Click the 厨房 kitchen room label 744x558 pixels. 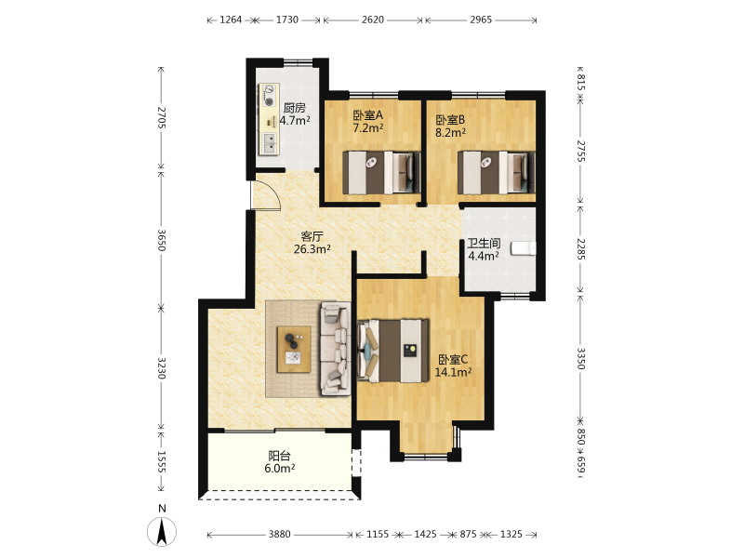tap(294, 108)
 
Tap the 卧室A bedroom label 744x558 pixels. tap(367, 115)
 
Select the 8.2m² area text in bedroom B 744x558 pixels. tap(450, 132)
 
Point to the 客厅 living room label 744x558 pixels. tap(312, 236)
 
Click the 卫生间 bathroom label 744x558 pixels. tap(484, 244)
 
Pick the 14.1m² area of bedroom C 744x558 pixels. tap(453, 372)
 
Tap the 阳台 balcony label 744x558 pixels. tap(280, 456)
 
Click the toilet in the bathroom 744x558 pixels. tap(523, 248)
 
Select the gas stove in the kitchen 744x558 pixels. tap(269, 95)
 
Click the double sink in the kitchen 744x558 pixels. tap(269, 143)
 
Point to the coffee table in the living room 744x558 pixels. tap(294, 350)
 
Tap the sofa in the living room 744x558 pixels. tap(336, 349)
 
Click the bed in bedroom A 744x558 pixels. tap(381, 173)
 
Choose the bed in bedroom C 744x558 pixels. tap(392, 351)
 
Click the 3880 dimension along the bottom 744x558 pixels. tap(280, 534)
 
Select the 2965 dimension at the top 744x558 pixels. tap(481, 20)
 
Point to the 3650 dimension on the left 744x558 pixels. tap(161, 241)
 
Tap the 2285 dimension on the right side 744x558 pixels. tap(581, 249)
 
